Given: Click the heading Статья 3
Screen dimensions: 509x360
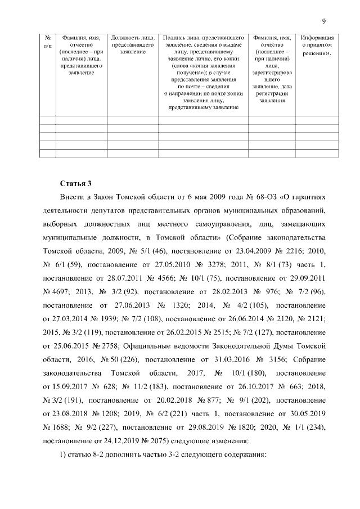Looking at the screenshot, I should tap(75, 183).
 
